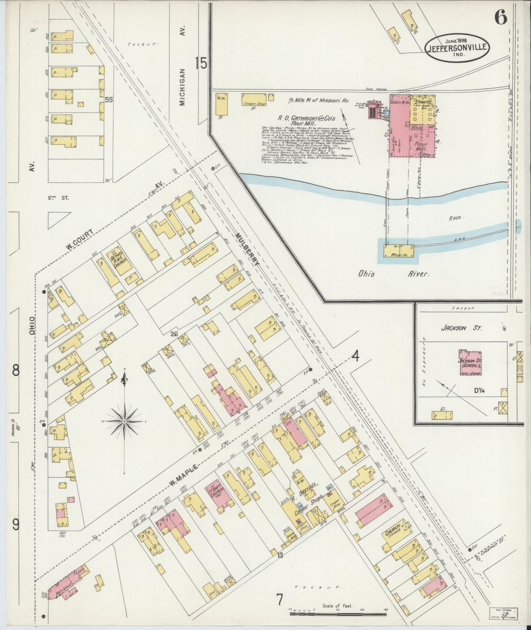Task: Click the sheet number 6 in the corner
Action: (x=500, y=17)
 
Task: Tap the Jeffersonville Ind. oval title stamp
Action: (x=457, y=47)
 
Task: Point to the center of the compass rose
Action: (x=125, y=420)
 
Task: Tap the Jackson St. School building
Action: (x=470, y=363)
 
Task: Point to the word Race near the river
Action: (x=456, y=218)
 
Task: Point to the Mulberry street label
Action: (x=247, y=250)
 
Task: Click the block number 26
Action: (x=174, y=334)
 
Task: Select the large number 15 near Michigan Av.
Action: (x=201, y=64)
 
